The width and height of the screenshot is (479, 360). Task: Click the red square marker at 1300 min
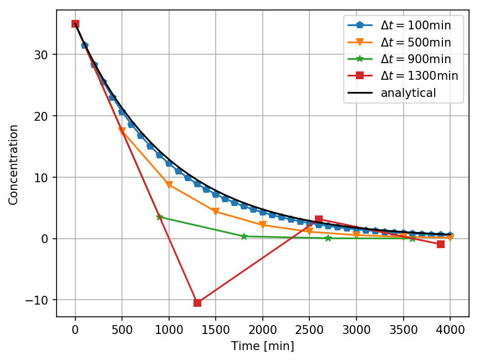tap(197, 303)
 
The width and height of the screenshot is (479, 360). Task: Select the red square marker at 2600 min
tap(319, 219)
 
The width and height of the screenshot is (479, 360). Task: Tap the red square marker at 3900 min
tap(441, 244)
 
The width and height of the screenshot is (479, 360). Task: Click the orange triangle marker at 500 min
tap(122, 131)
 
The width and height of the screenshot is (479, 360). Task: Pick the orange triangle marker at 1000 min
tap(169, 185)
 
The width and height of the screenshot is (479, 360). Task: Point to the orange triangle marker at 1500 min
tap(216, 212)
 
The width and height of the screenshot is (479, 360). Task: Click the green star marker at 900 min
tap(160, 217)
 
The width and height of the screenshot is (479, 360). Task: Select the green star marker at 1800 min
tap(244, 236)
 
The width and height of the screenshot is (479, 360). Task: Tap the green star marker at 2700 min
tap(328, 238)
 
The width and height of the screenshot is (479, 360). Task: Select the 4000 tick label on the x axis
tap(450, 330)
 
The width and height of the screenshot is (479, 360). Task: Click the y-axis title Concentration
tap(13, 164)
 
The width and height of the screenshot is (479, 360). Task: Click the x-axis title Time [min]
tap(262, 347)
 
